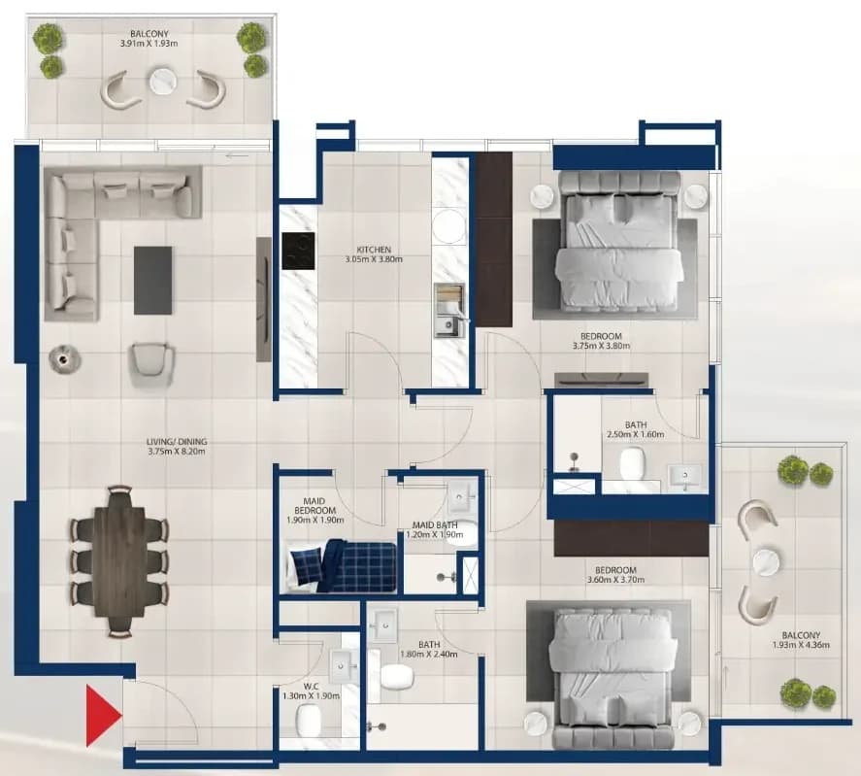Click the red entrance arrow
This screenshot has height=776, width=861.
point(103,716)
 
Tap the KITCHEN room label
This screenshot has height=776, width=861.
point(374,250)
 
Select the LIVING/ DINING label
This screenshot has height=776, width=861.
point(177,441)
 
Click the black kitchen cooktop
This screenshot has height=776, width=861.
point(298,251)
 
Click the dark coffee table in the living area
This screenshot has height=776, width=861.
point(152,281)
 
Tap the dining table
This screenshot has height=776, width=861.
point(119,561)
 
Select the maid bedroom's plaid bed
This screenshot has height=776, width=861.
point(342,566)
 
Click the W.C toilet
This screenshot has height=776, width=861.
point(309,720)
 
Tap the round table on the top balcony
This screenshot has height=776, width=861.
point(164,82)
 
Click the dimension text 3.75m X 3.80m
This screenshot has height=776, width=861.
point(601,346)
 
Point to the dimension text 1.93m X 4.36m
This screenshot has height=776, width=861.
point(801,645)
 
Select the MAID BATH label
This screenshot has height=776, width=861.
point(435,524)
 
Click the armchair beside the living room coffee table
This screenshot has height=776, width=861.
point(151,363)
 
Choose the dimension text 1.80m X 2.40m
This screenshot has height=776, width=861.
point(429,654)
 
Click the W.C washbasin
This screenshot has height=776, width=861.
point(342,666)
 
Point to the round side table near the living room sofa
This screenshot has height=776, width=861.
point(65,359)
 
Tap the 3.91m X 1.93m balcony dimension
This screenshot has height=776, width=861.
point(149,43)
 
